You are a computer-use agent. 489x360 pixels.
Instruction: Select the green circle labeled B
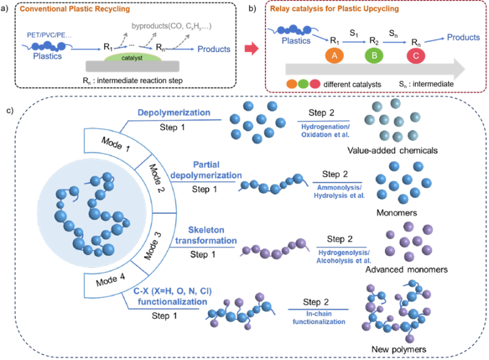coord(374,55)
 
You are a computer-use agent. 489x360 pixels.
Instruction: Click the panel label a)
coord(7,9)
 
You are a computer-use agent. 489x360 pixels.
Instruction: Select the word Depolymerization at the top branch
coord(175,113)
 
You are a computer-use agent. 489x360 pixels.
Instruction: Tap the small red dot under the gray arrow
coord(315,83)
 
